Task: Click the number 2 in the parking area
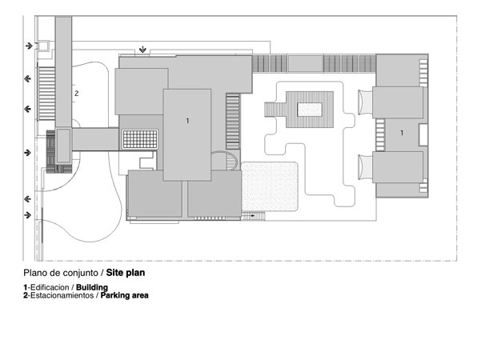77,94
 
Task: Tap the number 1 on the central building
188,121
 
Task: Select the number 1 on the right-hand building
402,133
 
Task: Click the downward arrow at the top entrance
142,50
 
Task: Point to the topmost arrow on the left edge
29,46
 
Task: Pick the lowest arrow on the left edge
27,215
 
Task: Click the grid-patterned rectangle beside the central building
140,139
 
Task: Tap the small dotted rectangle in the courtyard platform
310,110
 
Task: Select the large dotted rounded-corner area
270,186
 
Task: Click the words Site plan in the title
126,273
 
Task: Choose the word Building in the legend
92,287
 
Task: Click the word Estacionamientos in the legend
62,295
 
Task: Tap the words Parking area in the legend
125,295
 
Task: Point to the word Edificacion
50,287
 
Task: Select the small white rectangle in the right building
423,134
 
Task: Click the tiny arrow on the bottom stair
252,216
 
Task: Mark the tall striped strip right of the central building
233,122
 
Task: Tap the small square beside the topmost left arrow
43,46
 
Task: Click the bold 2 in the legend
26,295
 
